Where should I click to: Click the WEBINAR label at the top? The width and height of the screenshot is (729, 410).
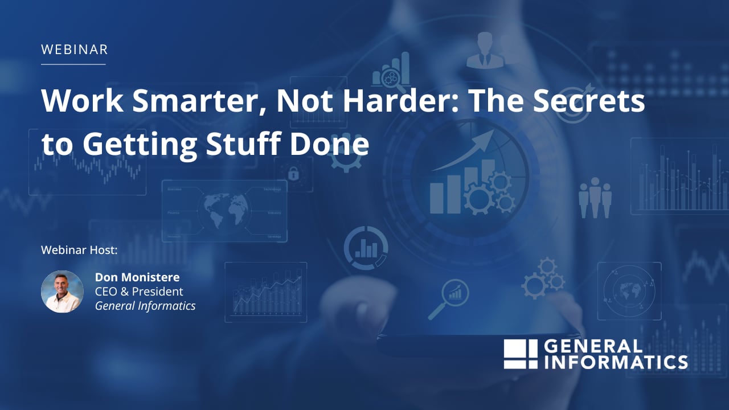(74, 50)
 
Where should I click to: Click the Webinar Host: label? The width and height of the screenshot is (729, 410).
(79, 250)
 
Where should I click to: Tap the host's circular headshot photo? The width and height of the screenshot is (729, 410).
(62, 292)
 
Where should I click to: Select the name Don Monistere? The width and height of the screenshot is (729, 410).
(137, 277)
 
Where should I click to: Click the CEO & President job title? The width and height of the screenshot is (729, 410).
(139, 292)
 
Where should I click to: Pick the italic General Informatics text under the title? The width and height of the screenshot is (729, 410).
(145, 306)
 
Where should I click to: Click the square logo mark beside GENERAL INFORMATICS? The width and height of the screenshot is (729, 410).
(520, 354)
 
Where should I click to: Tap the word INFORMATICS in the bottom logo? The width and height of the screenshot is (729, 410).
(616, 362)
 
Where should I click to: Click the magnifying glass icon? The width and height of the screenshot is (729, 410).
(448, 299)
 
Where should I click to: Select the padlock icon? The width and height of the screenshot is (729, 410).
(293, 173)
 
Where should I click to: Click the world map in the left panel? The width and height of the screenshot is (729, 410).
(223, 211)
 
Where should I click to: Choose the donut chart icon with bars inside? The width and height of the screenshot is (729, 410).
(366, 248)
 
